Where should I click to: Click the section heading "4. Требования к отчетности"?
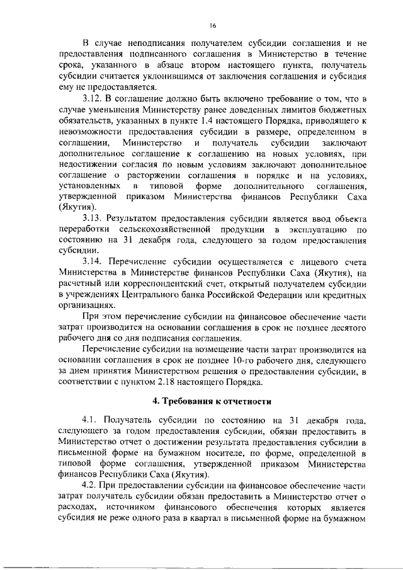point(213,401)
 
